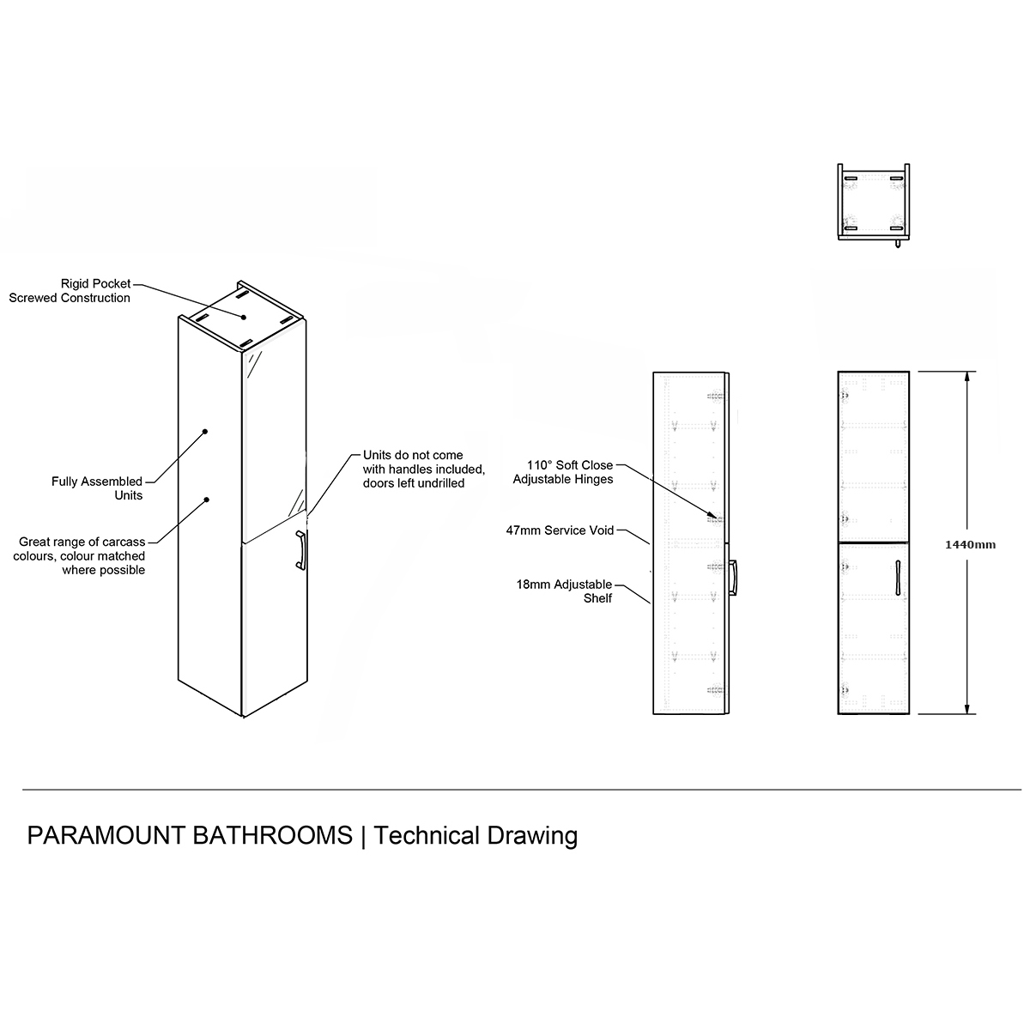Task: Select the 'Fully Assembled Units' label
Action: [97, 488]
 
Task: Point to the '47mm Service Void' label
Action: [560, 530]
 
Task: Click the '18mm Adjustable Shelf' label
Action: [564, 591]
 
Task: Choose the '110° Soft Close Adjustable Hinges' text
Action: [564, 472]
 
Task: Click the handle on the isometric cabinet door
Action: [300, 550]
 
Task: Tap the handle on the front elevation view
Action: [896, 576]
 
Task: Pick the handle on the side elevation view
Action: [734, 577]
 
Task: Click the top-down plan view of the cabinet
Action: [874, 204]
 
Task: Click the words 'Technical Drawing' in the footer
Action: [476, 835]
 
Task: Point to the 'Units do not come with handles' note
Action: [425, 469]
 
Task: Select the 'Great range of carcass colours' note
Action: [82, 556]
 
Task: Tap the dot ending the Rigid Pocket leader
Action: [244, 317]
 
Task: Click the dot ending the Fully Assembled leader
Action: [205, 431]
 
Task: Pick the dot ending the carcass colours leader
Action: [207, 499]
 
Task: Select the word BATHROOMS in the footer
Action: [272, 835]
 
